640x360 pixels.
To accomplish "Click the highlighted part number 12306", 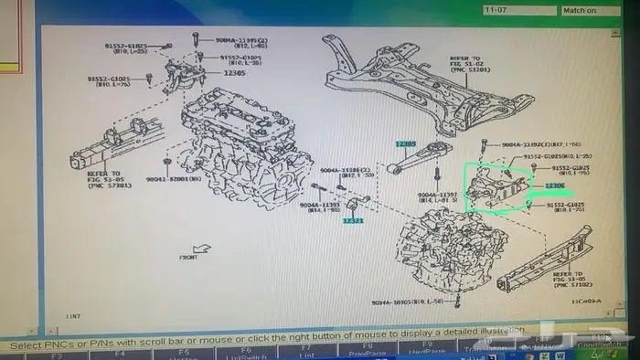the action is tap(555, 186).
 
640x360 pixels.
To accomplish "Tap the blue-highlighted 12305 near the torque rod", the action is tap(405, 144).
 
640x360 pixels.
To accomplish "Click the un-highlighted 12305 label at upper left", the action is tap(234, 72).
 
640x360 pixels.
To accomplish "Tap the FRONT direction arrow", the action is tap(200, 248).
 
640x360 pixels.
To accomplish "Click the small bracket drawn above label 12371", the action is tap(358, 203).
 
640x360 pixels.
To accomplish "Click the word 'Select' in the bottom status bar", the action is tap(27, 345).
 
